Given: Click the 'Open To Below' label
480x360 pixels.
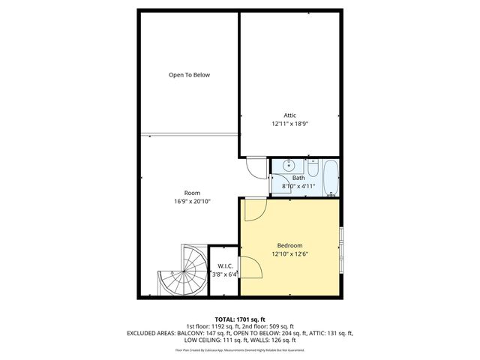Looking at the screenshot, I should point(189,75).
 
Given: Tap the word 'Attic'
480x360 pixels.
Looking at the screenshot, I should point(289,115).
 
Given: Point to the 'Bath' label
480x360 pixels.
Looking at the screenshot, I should point(298,178).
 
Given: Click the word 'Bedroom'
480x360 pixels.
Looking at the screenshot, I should point(289,245).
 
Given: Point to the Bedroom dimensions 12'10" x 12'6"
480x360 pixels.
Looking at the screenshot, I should point(289,253).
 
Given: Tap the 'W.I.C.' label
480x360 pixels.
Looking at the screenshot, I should point(224,266).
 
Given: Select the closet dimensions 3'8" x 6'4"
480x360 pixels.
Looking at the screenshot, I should point(224,274).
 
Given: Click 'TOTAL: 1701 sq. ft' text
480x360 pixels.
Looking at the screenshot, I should point(239,319).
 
